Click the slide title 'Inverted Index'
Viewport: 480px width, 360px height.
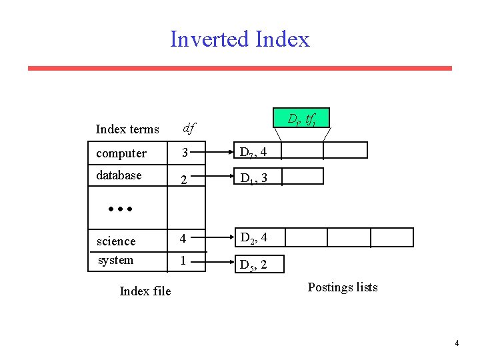tap(240, 39)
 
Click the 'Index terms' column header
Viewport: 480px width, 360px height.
tap(127, 129)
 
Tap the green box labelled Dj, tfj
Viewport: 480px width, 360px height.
tap(301, 119)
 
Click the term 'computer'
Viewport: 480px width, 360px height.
tap(121, 153)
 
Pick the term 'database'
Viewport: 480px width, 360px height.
tap(119, 175)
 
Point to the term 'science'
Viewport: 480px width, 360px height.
tap(116, 241)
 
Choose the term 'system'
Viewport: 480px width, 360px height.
tap(115, 260)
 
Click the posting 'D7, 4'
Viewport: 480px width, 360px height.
tap(254, 153)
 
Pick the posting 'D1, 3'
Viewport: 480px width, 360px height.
tap(254, 178)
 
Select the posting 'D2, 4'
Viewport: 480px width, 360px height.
tap(254, 238)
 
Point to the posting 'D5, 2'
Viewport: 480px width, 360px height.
tap(254, 265)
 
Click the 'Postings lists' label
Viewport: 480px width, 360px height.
tap(343, 287)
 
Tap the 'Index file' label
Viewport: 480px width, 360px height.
tap(145, 291)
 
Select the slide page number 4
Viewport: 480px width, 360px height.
tap(457, 343)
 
